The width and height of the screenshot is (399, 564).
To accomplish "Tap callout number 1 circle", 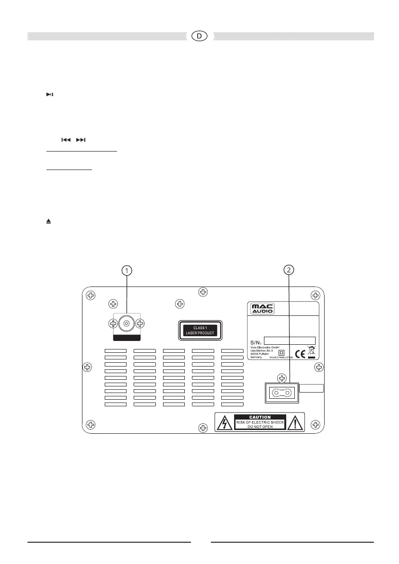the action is click(127, 270).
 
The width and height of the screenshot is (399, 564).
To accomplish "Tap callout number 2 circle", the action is click(289, 269).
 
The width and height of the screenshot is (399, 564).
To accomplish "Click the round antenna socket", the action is click(127, 324).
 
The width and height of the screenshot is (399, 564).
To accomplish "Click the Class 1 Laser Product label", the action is click(199, 330).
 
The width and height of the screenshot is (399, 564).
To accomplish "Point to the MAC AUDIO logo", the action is click(263, 309).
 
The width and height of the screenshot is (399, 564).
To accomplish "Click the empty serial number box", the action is click(289, 340).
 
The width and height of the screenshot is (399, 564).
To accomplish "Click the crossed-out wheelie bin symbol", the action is click(311, 351).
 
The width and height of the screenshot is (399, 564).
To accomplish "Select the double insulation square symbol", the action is click(281, 352).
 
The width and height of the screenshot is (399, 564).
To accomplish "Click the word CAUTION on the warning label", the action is click(260, 417).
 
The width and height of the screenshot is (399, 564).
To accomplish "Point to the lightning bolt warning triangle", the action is click(222, 422).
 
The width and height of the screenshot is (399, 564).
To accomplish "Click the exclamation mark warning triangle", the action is click(297, 422).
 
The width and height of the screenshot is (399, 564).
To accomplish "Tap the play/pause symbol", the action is click(49, 95).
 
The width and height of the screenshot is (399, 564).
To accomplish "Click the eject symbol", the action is click(48, 221).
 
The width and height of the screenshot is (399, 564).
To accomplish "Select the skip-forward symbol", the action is click(81, 140).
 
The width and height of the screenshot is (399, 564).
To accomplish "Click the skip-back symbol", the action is click(66, 140).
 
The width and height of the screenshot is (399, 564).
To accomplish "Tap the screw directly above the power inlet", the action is click(282, 378).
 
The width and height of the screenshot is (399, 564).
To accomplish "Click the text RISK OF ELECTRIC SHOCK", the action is click(260, 421).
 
